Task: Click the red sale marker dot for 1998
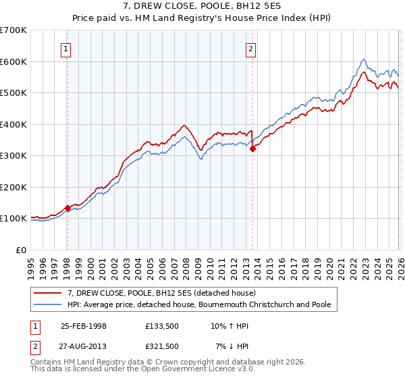[x=67, y=208]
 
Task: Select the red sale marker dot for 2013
[x=252, y=149]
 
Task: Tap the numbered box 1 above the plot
[x=66, y=49]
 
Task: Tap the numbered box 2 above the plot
[x=250, y=49]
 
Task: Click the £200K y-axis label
[x=13, y=187]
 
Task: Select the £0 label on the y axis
[x=20, y=250]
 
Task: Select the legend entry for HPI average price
[x=198, y=304]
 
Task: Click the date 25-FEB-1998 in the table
[x=84, y=325]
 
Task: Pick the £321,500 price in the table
[x=163, y=346]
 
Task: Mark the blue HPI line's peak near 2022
[x=364, y=59]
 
